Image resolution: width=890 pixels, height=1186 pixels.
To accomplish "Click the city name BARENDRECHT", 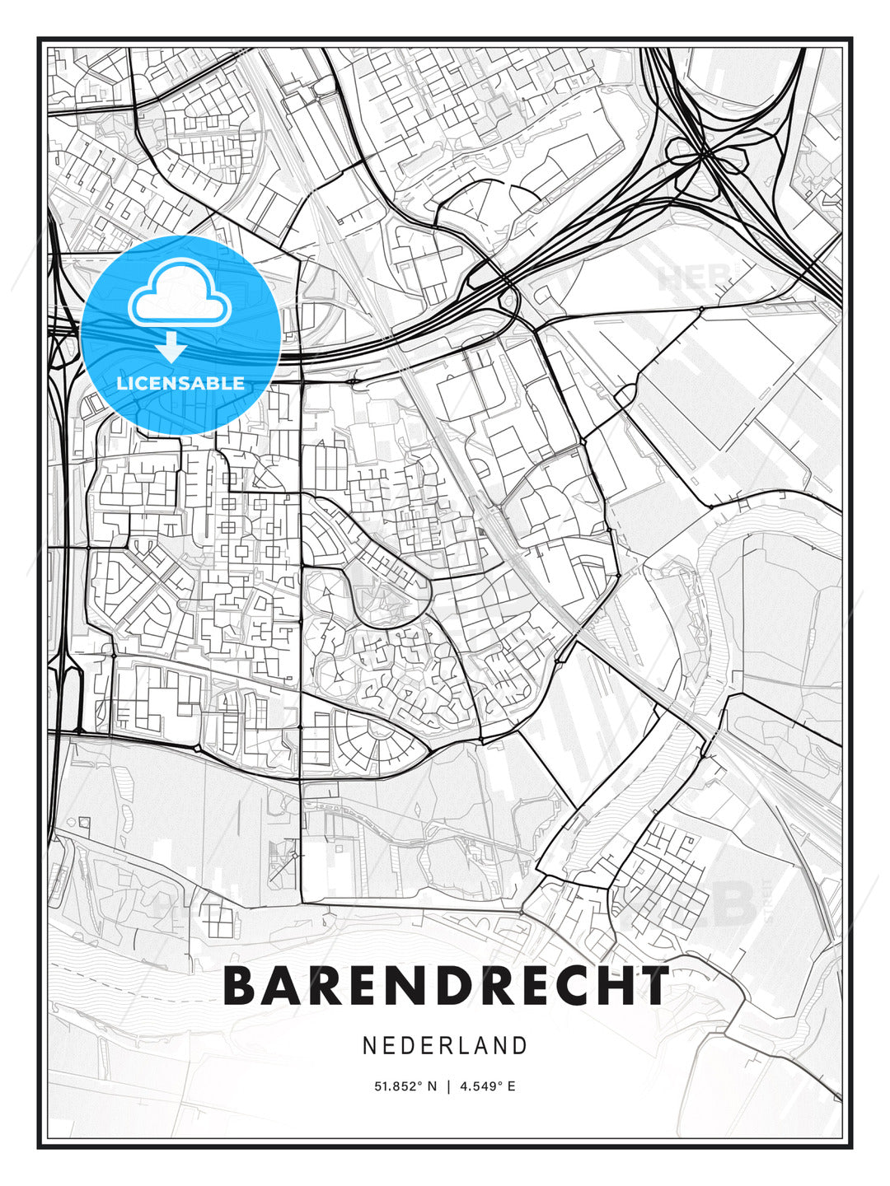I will coord(446,986).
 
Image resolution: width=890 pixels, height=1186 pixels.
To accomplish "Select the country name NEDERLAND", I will coord(445,1045).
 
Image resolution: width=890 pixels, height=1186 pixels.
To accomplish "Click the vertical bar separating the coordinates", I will coord(448,1086).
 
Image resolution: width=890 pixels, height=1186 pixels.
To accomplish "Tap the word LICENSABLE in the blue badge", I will coord(180,383).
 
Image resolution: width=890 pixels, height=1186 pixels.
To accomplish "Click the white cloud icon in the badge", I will coord(178,294).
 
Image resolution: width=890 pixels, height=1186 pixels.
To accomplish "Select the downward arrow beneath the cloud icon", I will coord(171,347).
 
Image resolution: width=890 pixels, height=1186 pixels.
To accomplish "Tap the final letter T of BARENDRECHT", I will coord(653,986).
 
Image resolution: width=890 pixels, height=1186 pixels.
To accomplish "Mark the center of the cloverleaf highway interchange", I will coord(705,152).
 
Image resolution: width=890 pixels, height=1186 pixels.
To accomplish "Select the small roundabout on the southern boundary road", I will coord(521,913).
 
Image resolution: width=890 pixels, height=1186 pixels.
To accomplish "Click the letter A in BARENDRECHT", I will coord(286,986).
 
